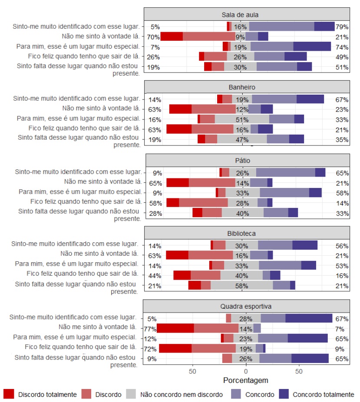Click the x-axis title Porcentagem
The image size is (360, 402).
(245, 380)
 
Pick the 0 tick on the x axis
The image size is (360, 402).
(246, 372)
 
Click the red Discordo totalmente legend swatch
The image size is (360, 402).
(9, 395)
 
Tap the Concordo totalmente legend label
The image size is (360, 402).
(324, 395)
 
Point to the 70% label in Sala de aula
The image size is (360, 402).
(153, 37)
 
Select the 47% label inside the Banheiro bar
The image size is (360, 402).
(242, 139)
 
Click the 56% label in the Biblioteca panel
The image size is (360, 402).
(342, 245)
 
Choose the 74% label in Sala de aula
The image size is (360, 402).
(342, 47)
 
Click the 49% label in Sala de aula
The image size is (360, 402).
(342, 57)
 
